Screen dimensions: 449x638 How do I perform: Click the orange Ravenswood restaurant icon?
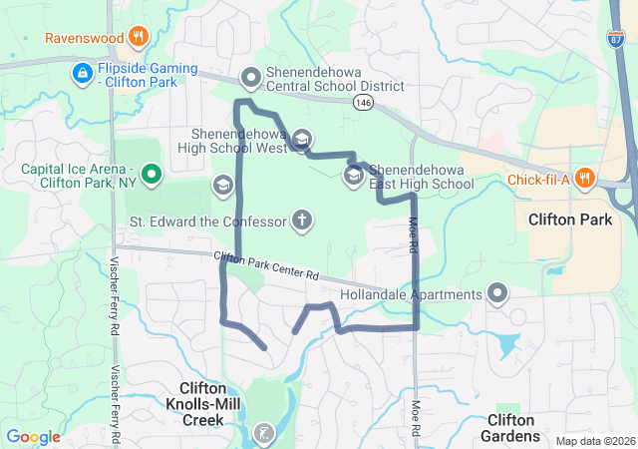click(x=139, y=39)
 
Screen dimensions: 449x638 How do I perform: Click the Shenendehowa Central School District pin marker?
click(x=251, y=77)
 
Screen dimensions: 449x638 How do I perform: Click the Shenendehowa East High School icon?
click(x=353, y=176)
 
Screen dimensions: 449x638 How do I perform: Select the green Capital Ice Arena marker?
click(x=152, y=176)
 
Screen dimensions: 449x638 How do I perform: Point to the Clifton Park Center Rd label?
click(x=267, y=266)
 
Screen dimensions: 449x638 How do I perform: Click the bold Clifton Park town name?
click(x=569, y=220)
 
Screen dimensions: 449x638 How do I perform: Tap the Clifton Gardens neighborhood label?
click(x=512, y=428)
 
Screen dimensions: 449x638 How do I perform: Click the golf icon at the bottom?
click(x=262, y=434)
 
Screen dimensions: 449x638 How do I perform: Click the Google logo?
click(x=33, y=437)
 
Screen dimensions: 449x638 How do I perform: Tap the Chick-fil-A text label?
click(x=536, y=180)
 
